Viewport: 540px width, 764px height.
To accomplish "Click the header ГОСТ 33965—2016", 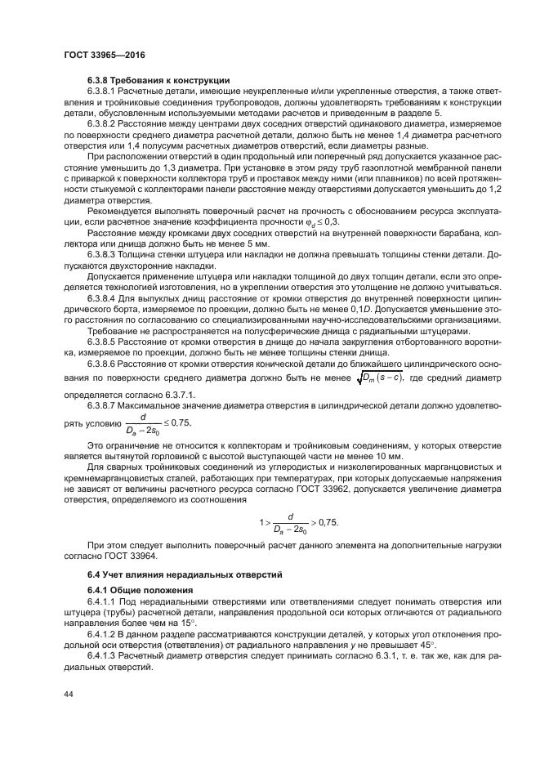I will click(100, 56).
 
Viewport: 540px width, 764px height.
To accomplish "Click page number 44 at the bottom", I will click(69, 694).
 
